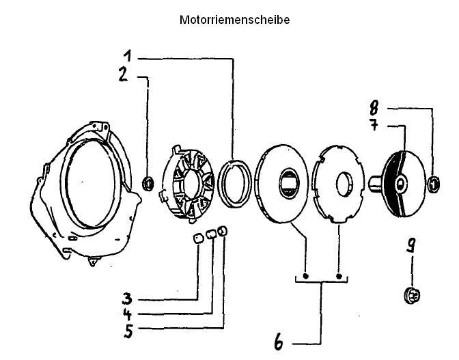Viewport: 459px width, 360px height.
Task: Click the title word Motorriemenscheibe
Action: tap(234, 20)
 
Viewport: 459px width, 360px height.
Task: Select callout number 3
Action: tap(127, 299)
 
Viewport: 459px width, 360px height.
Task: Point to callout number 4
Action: tap(127, 315)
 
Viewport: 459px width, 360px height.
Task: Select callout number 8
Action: tap(374, 107)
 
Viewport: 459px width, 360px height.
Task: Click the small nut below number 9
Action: tap(412, 295)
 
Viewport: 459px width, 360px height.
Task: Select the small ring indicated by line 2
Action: tap(147, 183)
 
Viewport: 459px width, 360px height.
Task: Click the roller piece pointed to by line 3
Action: tap(196, 238)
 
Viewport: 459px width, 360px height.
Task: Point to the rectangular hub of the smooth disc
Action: tap(290, 182)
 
